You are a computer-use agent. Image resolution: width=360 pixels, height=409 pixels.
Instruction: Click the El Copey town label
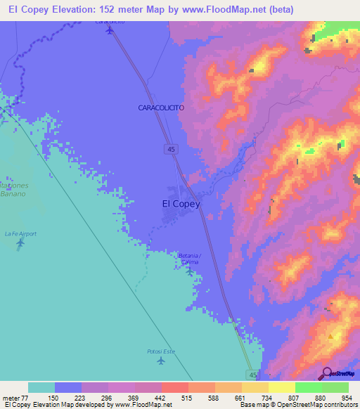(x=181, y=204)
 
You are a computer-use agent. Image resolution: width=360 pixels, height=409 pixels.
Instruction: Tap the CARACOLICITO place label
(x=161, y=107)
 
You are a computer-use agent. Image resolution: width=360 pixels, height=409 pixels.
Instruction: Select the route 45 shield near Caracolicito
(x=172, y=148)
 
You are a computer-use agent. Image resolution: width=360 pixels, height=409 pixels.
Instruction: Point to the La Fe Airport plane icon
(x=20, y=243)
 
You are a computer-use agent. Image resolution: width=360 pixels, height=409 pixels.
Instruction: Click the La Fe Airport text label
(x=20, y=233)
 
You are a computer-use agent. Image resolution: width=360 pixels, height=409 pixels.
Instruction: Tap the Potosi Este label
(x=161, y=351)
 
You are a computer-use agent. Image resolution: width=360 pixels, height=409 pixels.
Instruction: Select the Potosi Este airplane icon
(x=161, y=361)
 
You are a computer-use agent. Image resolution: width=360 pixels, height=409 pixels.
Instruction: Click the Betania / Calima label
(x=189, y=258)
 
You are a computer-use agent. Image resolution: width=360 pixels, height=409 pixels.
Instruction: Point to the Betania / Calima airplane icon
(x=189, y=270)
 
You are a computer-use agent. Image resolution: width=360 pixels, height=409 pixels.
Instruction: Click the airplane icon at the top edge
(x=109, y=30)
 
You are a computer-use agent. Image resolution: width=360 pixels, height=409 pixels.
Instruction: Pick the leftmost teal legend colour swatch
(x=41, y=387)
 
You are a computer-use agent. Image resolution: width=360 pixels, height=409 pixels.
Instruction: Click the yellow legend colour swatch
(x=282, y=387)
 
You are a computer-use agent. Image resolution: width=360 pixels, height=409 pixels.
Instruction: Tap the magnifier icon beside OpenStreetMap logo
(x=326, y=372)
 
